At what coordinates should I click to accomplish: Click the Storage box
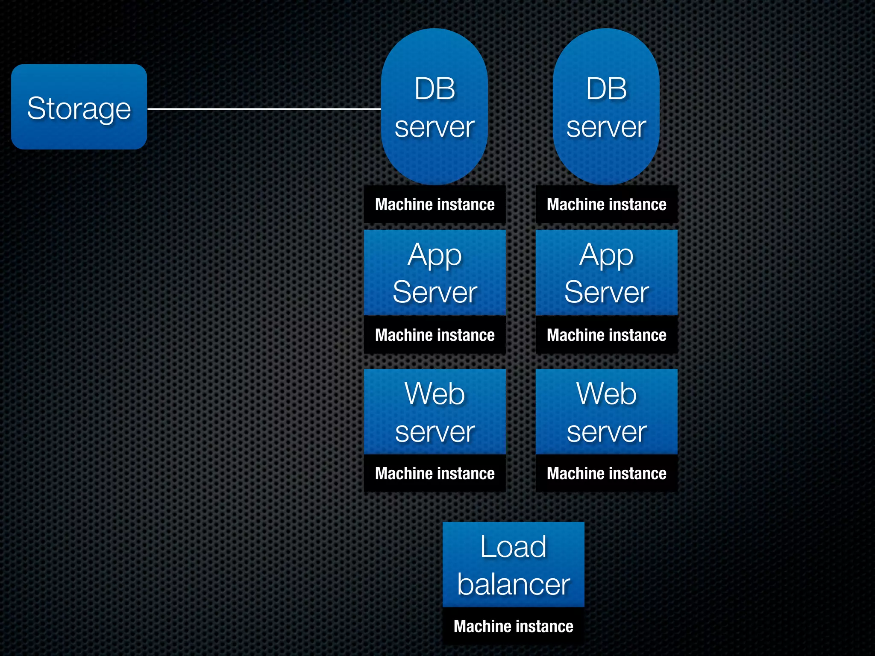point(79,107)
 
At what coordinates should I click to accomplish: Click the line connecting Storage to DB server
point(264,109)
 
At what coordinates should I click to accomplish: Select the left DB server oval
point(435,107)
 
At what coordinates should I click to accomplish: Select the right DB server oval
point(606,107)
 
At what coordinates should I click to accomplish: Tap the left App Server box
point(435,272)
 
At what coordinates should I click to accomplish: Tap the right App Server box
point(606,272)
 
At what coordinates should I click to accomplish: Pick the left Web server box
point(435,412)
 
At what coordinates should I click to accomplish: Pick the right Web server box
point(606,412)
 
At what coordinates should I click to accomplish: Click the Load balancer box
point(513,564)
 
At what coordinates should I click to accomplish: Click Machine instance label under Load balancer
point(513,626)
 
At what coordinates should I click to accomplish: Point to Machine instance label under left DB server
point(435,204)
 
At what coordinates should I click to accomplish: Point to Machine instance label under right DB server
point(606,204)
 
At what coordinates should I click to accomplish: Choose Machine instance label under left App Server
point(435,335)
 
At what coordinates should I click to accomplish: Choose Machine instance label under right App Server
point(606,335)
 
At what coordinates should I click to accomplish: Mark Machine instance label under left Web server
point(435,473)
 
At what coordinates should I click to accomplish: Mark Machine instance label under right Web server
point(606,473)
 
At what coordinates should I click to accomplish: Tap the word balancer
point(513,584)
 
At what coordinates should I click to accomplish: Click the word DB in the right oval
point(606,89)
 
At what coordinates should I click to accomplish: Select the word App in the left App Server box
point(435,255)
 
